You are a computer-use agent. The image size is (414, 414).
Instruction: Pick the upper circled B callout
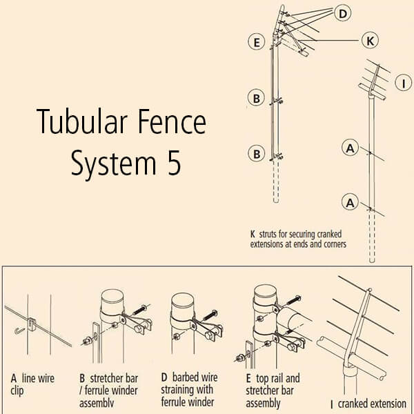[256, 99]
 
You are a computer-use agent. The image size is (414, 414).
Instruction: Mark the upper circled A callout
[351, 147]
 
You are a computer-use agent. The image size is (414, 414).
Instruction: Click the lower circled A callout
[351, 202]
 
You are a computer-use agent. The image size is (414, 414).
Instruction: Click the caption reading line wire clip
[32, 384]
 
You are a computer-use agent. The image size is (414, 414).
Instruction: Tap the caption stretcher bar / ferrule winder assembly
[110, 390]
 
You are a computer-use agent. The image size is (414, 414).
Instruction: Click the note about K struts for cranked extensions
[298, 239]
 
